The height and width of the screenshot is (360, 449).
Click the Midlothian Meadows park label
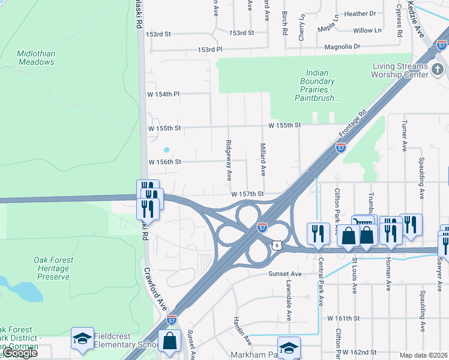click(x=36, y=58)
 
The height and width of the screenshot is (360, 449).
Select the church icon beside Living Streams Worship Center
click(x=439, y=70)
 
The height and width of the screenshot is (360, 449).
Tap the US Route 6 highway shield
click(x=276, y=244)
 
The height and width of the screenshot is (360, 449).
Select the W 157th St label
click(x=248, y=194)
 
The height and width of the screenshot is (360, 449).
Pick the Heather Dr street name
click(x=360, y=14)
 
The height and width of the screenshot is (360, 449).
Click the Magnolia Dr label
click(x=342, y=46)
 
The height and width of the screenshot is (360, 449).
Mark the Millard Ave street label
click(x=262, y=159)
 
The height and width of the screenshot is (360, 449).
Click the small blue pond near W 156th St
click(x=166, y=150)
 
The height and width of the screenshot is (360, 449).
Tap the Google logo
click(x=20, y=353)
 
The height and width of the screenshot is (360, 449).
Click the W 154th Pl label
click(x=164, y=94)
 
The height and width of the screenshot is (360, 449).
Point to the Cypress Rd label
click(x=399, y=20)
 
